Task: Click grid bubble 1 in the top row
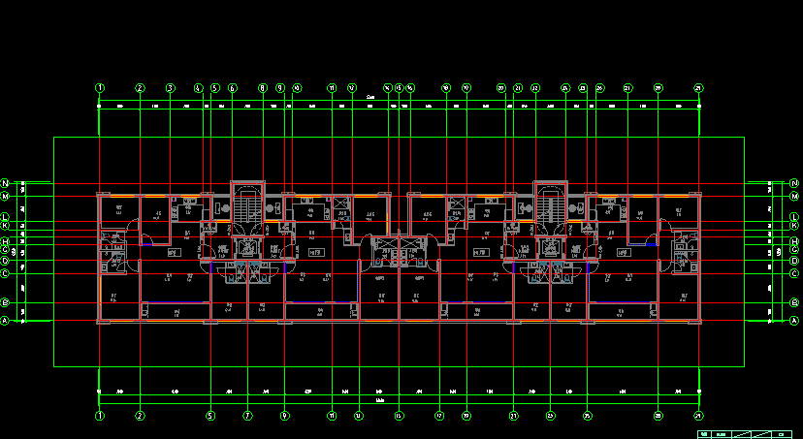99,88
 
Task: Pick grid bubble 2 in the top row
140,88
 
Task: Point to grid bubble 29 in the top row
698,88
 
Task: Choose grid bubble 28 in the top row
658,88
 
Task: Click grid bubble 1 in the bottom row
99,416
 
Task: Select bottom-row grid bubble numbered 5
210,416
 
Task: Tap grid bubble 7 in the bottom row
247,416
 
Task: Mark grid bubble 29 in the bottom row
698,416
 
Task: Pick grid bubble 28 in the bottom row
658,416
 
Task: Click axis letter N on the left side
5,182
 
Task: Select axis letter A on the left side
5,321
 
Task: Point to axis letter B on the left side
5,303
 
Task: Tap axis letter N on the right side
794,182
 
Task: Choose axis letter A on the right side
794,321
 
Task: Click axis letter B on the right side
794,303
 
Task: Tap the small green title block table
746,433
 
